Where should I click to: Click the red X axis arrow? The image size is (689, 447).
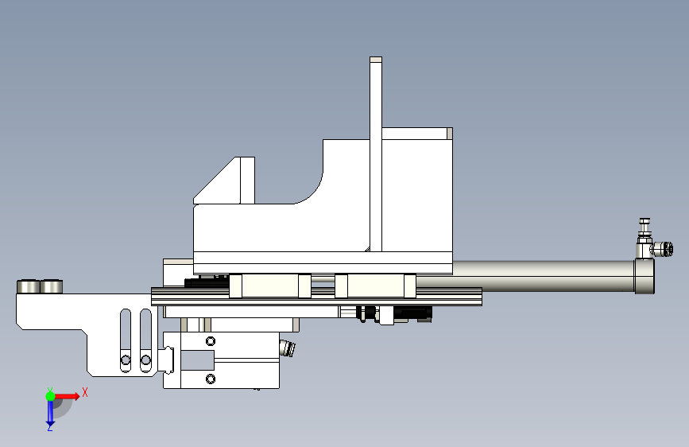(66, 396)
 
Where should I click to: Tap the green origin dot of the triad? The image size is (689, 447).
(50, 396)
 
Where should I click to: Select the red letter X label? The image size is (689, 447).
(85, 392)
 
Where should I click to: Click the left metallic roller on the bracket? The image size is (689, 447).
(28, 286)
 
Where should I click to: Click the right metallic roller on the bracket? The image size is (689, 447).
(51, 286)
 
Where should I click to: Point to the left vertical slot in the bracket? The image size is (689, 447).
(126, 340)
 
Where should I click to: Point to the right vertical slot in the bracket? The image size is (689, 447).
(145, 340)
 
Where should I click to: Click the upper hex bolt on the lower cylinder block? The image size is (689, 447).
(211, 341)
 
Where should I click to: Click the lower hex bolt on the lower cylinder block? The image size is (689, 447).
(211, 379)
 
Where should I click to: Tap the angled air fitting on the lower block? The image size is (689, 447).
(287, 348)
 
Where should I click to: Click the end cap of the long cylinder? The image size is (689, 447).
(644, 276)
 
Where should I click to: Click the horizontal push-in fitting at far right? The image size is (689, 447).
(662, 249)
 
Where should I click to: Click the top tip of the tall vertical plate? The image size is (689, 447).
(376, 57)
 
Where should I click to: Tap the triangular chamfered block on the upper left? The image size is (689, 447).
(224, 181)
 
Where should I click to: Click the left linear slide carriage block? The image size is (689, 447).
(270, 286)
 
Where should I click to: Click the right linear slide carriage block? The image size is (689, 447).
(375, 286)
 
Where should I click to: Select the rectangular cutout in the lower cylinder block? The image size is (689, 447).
(197, 360)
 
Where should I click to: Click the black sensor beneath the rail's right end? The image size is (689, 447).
(412, 313)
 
